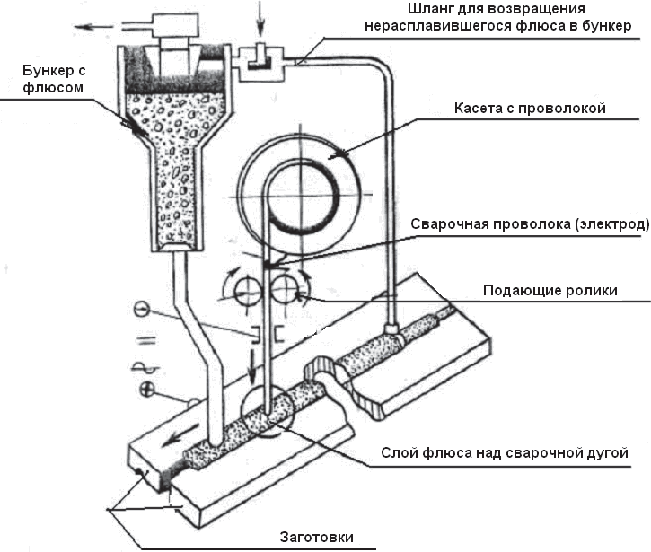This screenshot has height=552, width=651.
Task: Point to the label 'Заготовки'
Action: coord(314,537)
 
